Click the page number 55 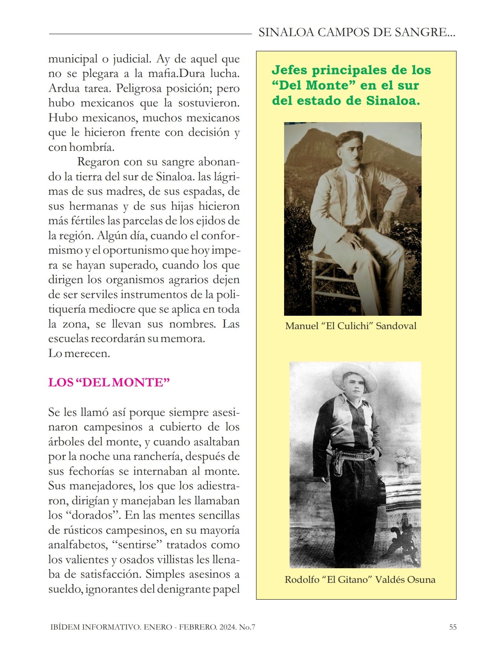tap(453, 627)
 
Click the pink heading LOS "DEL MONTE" tap(109, 383)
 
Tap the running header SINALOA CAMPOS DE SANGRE tap(356, 33)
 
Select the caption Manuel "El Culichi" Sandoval tap(351, 326)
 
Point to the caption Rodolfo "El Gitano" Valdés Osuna tap(360, 580)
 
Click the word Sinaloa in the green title tap(393, 101)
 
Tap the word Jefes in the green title tap(289, 70)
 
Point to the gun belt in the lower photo tap(352, 456)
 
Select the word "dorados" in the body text tap(90, 515)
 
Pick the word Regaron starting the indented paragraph tap(98, 162)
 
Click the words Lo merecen tap(79, 353)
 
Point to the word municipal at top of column tap(73, 59)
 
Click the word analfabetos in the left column tap(77, 545)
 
